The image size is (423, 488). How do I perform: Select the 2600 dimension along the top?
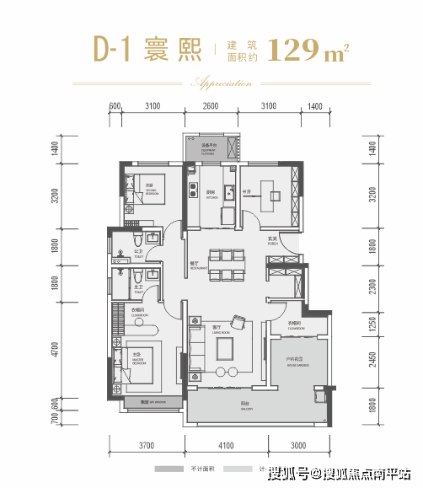click(x=211, y=107)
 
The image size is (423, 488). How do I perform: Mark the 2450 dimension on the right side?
click(x=372, y=363)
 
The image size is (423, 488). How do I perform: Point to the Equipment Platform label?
click(x=209, y=147)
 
